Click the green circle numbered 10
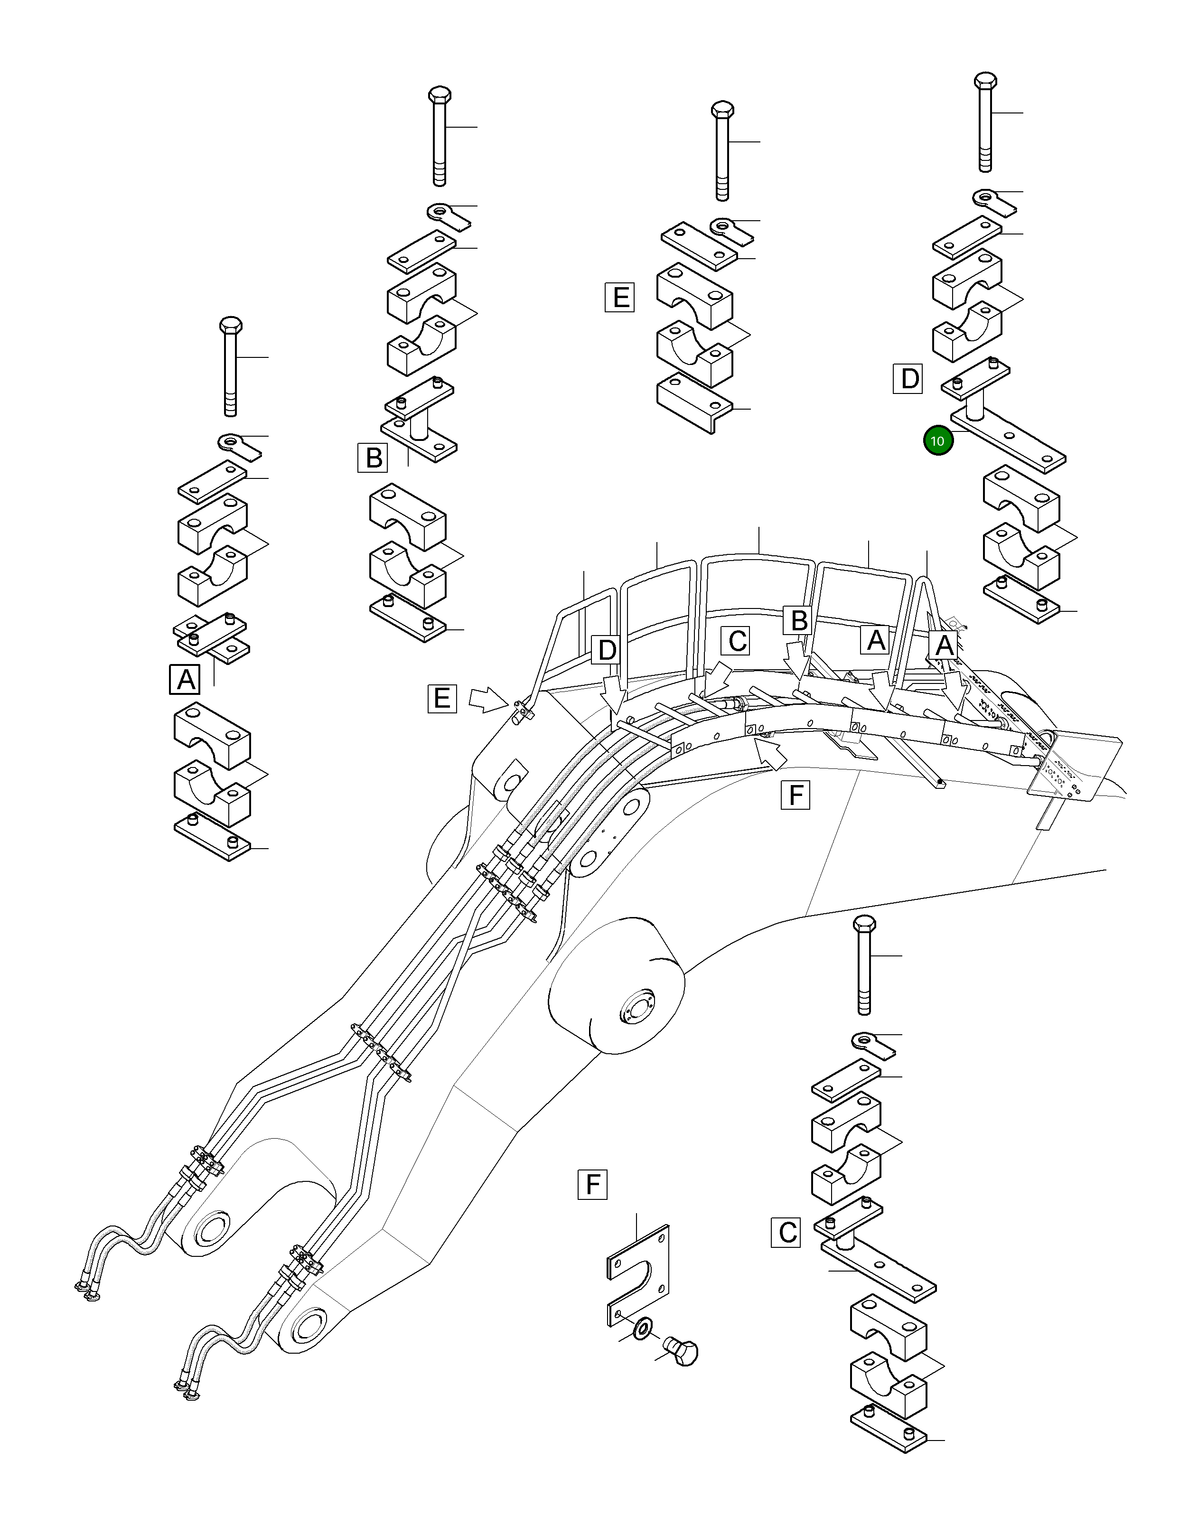tap(938, 441)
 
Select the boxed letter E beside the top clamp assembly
tap(620, 298)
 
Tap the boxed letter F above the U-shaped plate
tap(593, 1185)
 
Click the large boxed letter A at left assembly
tap(185, 680)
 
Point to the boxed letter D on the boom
tap(607, 650)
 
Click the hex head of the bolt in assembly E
tap(722, 111)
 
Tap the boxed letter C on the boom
tap(737, 640)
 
